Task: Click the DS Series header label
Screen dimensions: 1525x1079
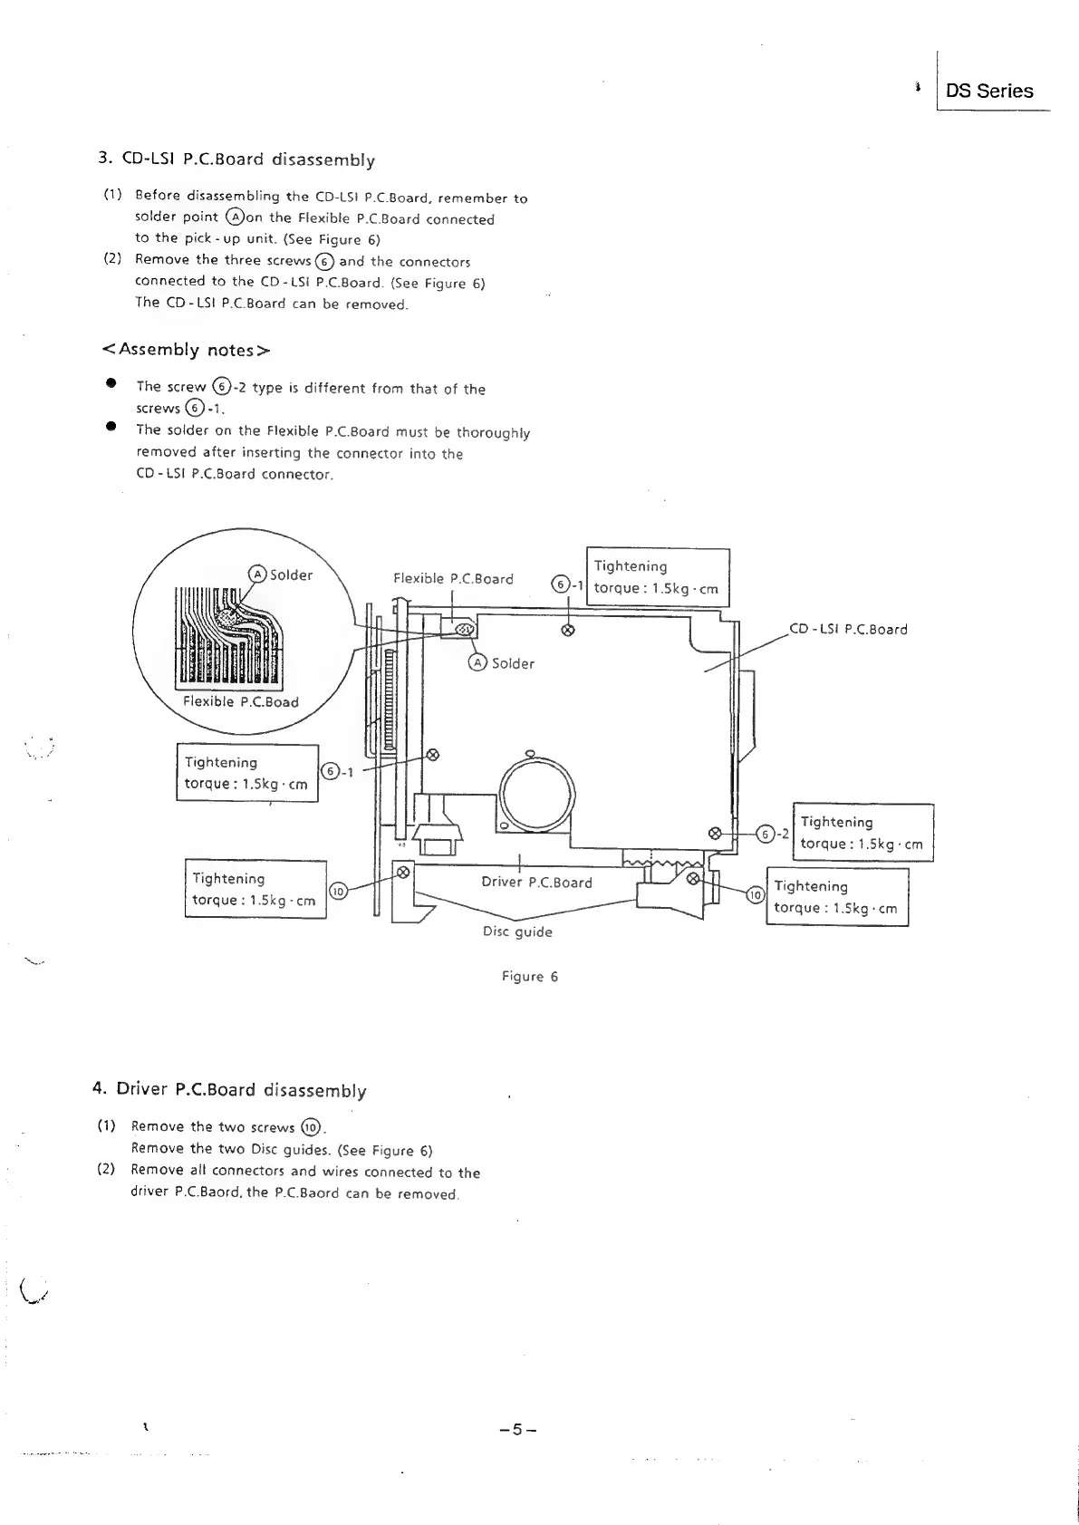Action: tap(988, 91)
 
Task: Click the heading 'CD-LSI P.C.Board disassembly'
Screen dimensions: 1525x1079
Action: tap(236, 159)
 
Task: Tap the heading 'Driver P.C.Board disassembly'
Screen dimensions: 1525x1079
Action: tap(231, 1089)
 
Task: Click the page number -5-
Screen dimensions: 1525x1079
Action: tap(517, 1430)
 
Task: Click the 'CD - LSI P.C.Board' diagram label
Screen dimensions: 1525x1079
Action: tap(848, 630)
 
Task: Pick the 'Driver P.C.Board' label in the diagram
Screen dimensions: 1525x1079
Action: tap(536, 883)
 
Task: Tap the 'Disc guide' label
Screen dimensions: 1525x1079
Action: tap(517, 931)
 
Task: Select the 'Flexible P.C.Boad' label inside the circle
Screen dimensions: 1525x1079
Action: tap(240, 701)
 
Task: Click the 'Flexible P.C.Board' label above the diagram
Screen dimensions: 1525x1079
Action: tap(453, 579)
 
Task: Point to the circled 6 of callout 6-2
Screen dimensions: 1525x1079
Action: tap(767, 835)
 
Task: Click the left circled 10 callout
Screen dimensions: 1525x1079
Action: tap(337, 891)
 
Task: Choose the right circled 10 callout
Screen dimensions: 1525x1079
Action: tap(755, 896)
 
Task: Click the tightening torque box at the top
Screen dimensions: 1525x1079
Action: tap(658, 577)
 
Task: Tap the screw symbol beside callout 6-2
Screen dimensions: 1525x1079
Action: tap(714, 833)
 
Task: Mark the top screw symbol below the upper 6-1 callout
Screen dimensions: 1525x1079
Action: tap(568, 630)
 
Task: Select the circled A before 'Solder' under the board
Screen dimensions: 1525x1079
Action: tap(477, 662)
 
